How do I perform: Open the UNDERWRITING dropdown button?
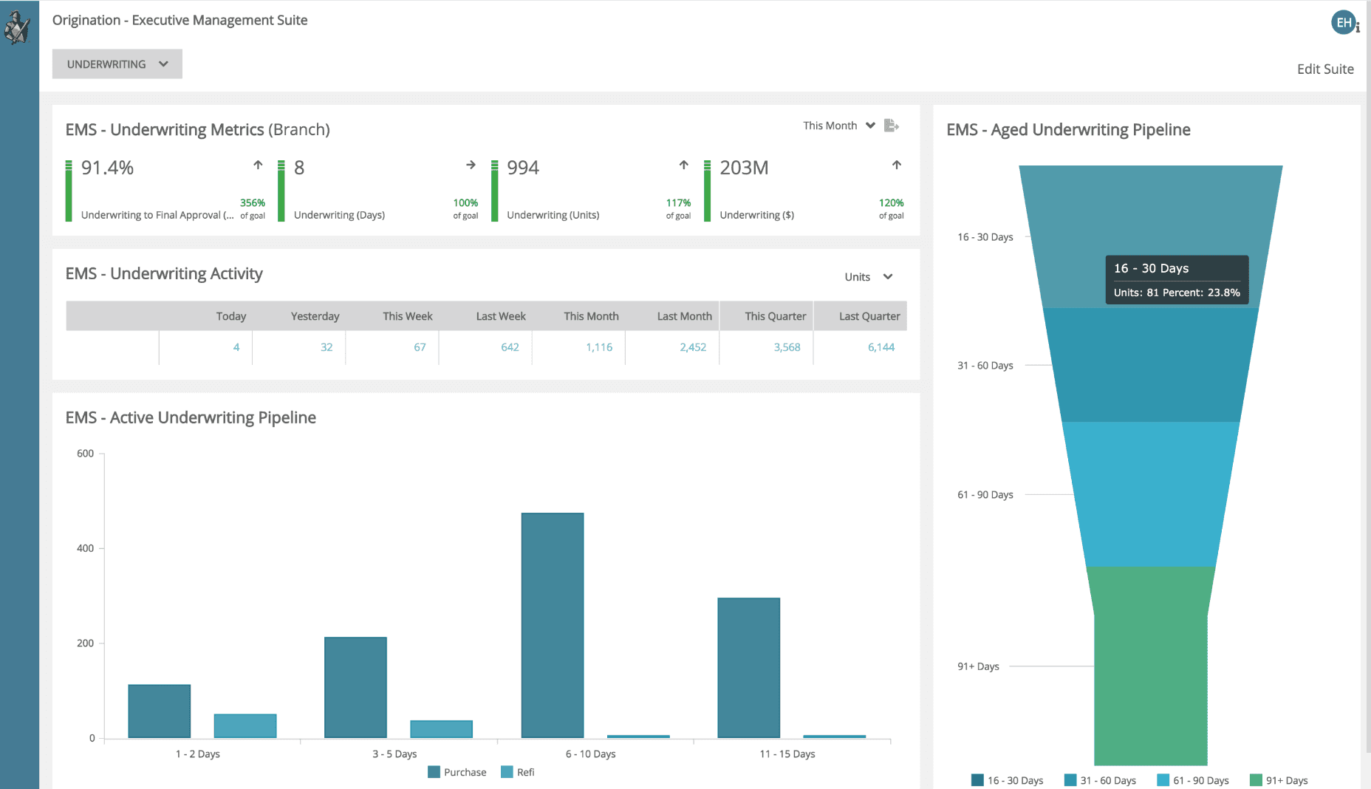coord(117,64)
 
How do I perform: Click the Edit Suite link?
coord(1324,69)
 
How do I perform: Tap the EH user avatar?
coord(1343,23)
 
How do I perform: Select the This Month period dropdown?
coord(838,126)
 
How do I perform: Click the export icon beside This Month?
coord(891,126)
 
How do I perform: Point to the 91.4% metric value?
coord(107,168)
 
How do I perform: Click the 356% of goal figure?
coord(252,203)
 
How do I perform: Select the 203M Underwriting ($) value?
coord(744,168)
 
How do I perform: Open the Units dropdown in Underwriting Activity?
coord(868,277)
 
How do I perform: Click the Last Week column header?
coord(501,316)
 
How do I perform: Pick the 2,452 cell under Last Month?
coord(692,347)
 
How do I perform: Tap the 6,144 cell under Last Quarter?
coord(881,347)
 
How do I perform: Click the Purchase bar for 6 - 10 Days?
coord(552,625)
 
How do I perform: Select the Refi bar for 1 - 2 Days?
coord(245,725)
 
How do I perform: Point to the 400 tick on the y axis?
coord(86,548)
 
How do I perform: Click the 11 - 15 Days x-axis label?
coord(787,754)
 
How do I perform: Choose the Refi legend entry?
coord(518,772)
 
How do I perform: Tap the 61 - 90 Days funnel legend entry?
coord(1193,780)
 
